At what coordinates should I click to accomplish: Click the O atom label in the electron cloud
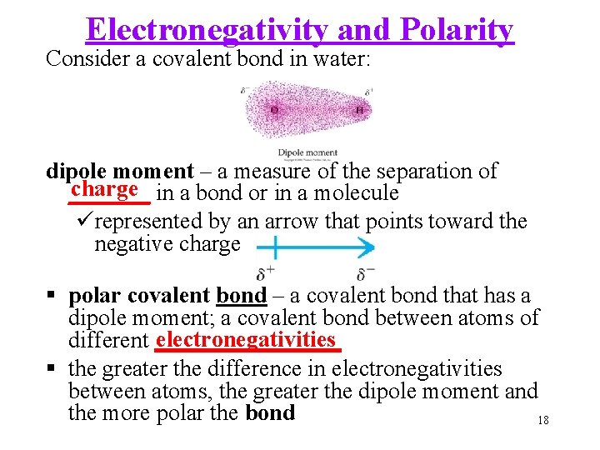point(274,109)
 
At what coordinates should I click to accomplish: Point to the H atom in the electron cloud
point(358,109)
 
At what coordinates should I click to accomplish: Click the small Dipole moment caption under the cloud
point(307,152)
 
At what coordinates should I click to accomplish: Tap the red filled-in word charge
point(104,188)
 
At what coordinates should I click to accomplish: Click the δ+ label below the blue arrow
point(266,273)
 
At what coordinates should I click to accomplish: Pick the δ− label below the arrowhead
point(365,273)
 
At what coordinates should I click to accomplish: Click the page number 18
point(542,420)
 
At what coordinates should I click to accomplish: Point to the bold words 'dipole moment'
point(119,172)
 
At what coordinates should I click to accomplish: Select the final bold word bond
point(270,413)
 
